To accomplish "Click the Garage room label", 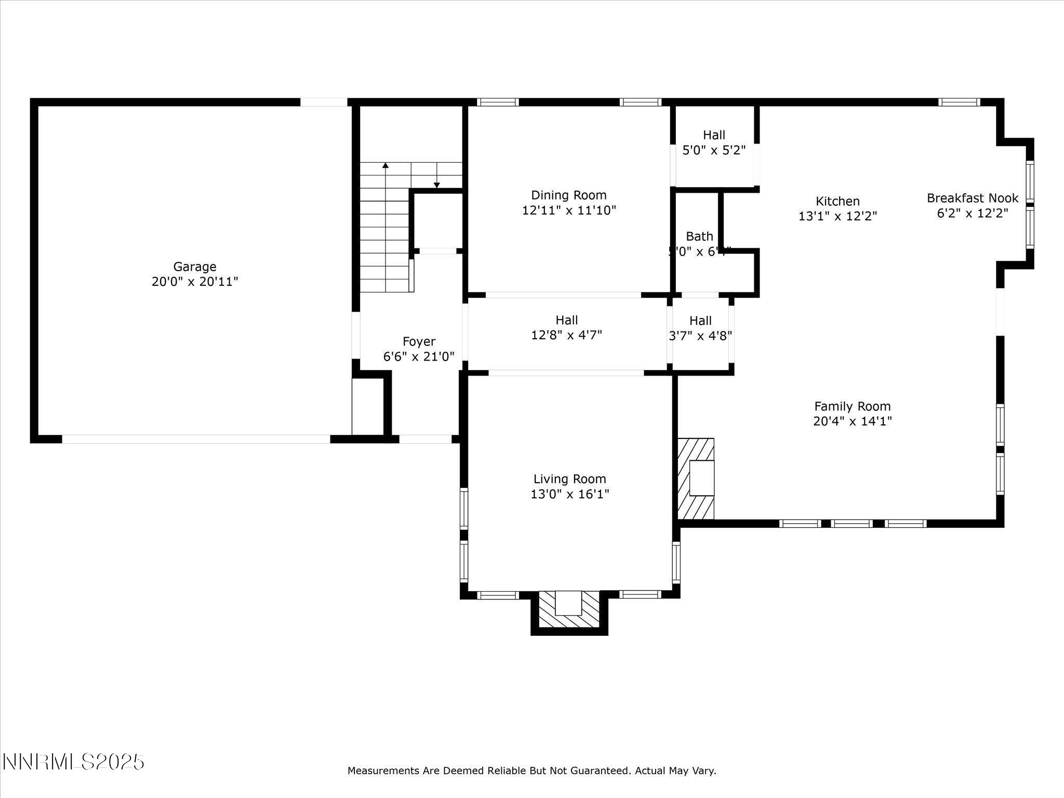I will (194, 267).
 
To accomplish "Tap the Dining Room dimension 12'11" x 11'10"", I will (569, 210).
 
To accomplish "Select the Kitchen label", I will (837, 201).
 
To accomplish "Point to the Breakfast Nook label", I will (973, 198).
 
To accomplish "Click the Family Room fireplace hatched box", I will (696, 478).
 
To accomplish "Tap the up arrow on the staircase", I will (385, 166).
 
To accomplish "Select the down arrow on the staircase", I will (437, 184).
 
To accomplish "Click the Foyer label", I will (419, 341).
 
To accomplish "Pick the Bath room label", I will (699, 236).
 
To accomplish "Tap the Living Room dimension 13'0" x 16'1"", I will (569, 494).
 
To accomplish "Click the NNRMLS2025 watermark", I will (73, 762).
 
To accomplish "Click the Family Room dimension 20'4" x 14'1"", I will (852, 421).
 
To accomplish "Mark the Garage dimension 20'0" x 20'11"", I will (194, 282).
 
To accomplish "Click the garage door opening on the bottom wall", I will (196, 439).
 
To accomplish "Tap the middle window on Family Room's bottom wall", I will (852, 523).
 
